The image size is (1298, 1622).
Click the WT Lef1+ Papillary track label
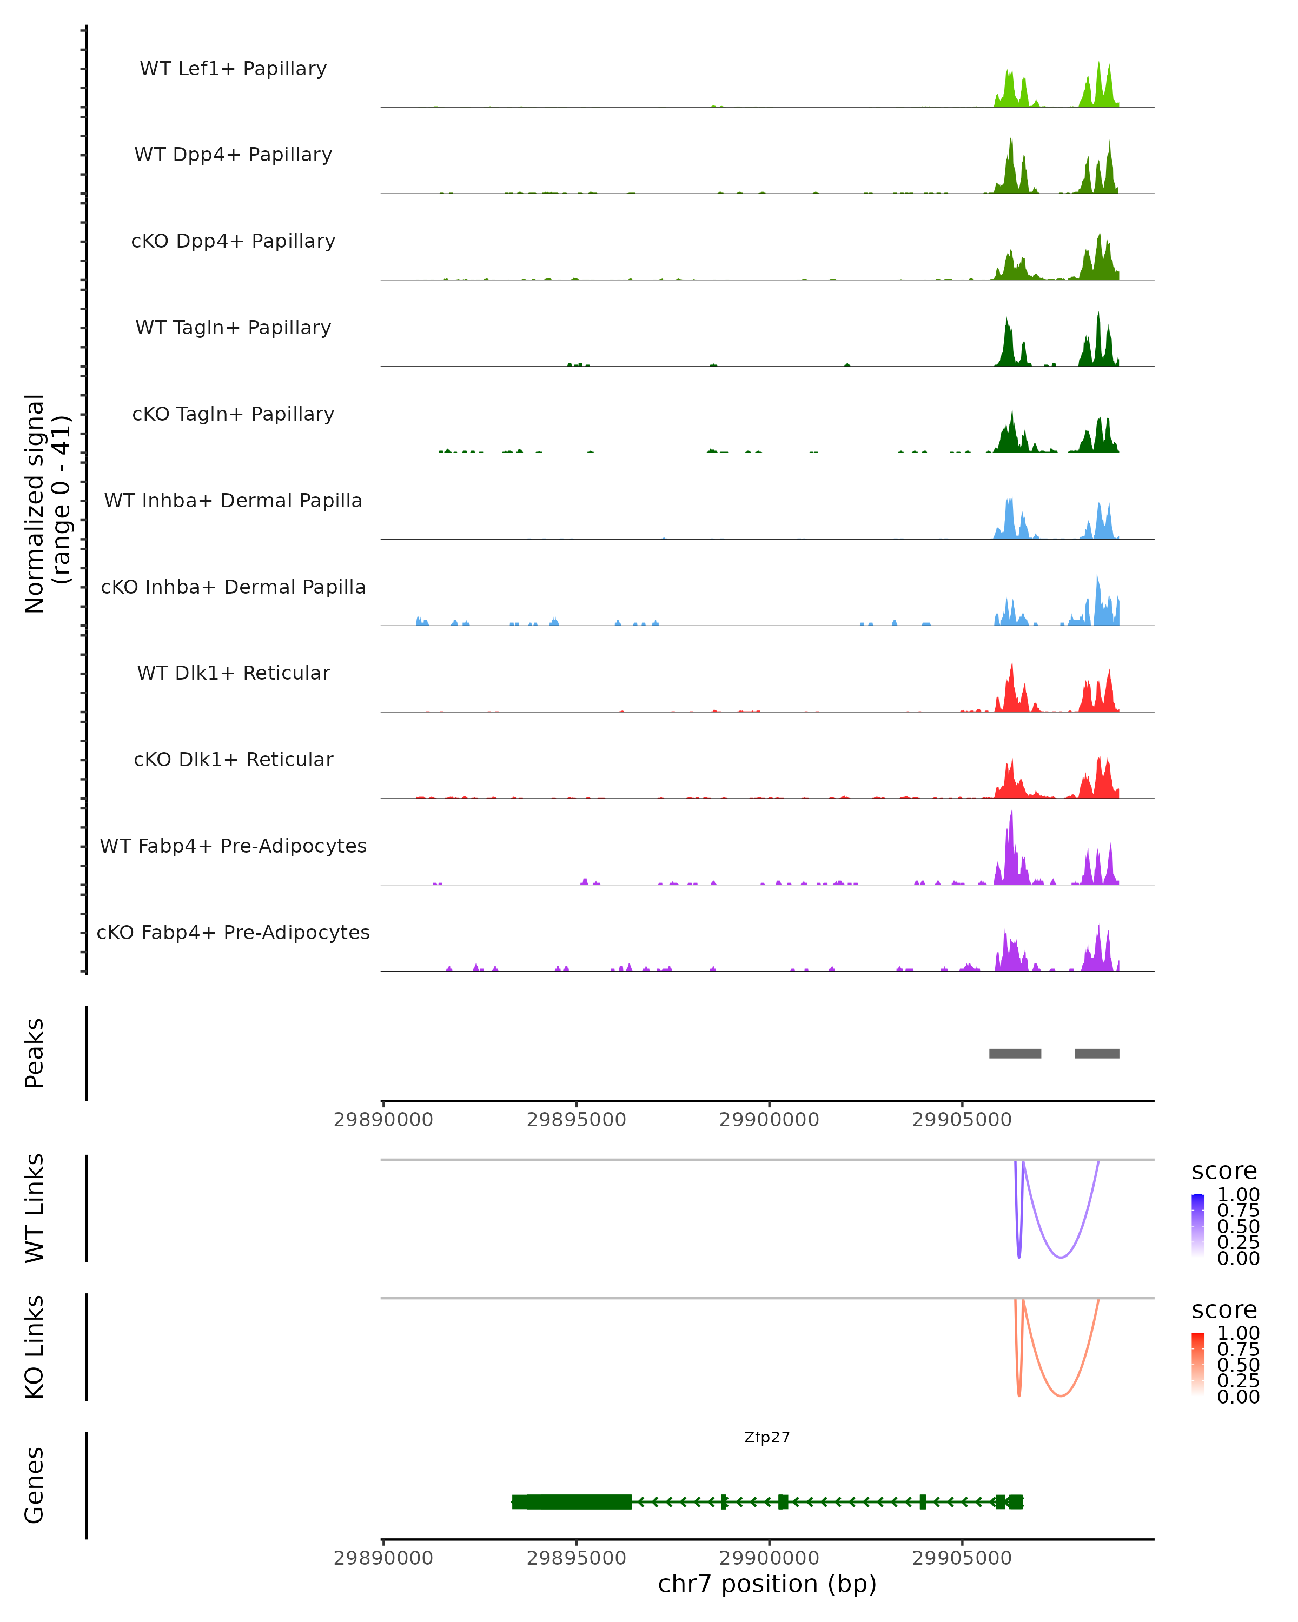233,69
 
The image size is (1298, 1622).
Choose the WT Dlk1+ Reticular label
233,673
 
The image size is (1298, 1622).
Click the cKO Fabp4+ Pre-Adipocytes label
233,932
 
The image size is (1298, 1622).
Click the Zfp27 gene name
767,1438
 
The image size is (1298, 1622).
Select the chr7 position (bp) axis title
767,1584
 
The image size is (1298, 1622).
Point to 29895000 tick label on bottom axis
577,1558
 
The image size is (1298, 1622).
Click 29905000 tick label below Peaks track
962,1120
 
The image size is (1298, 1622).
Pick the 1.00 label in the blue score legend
1238,1195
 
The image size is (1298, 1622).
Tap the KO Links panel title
35,1347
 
